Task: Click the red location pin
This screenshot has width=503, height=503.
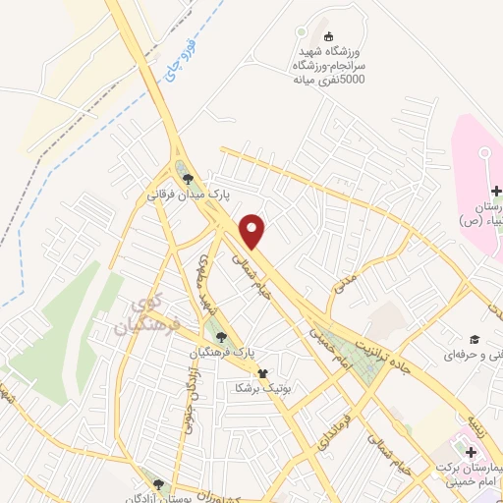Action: click(254, 230)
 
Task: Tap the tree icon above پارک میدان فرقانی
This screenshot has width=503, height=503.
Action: click(188, 179)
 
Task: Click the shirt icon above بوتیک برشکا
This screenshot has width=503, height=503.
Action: click(262, 373)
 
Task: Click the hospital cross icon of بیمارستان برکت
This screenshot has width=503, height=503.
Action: click(473, 452)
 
